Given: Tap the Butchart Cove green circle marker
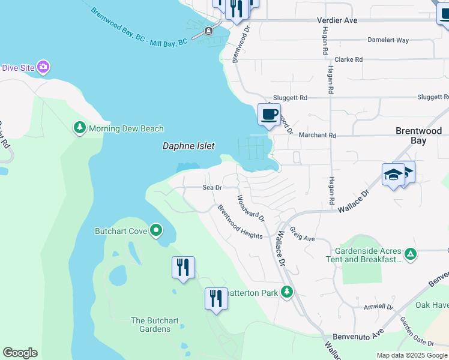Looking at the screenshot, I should (156, 230).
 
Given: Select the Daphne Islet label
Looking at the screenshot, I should (188, 146).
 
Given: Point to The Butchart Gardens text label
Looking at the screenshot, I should (155, 325).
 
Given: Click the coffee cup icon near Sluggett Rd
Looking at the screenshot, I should (269, 113).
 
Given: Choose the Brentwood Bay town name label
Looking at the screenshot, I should (418, 136).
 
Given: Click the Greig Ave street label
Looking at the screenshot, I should (302, 234).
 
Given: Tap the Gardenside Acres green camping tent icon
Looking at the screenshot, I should (411, 254).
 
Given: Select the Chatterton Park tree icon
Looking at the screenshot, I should (288, 292).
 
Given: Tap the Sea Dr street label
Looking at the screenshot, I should (212, 188).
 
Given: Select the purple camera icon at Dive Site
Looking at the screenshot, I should (43, 67).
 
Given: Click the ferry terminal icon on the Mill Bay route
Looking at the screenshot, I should (208, 31).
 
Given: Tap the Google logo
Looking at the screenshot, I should (20, 353).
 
